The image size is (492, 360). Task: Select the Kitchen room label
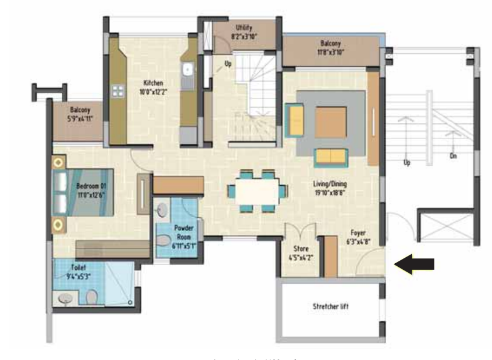[153, 87]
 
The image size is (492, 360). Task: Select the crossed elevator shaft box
[445, 229]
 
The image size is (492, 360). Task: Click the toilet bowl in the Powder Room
[163, 242]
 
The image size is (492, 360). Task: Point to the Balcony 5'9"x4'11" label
[79, 114]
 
